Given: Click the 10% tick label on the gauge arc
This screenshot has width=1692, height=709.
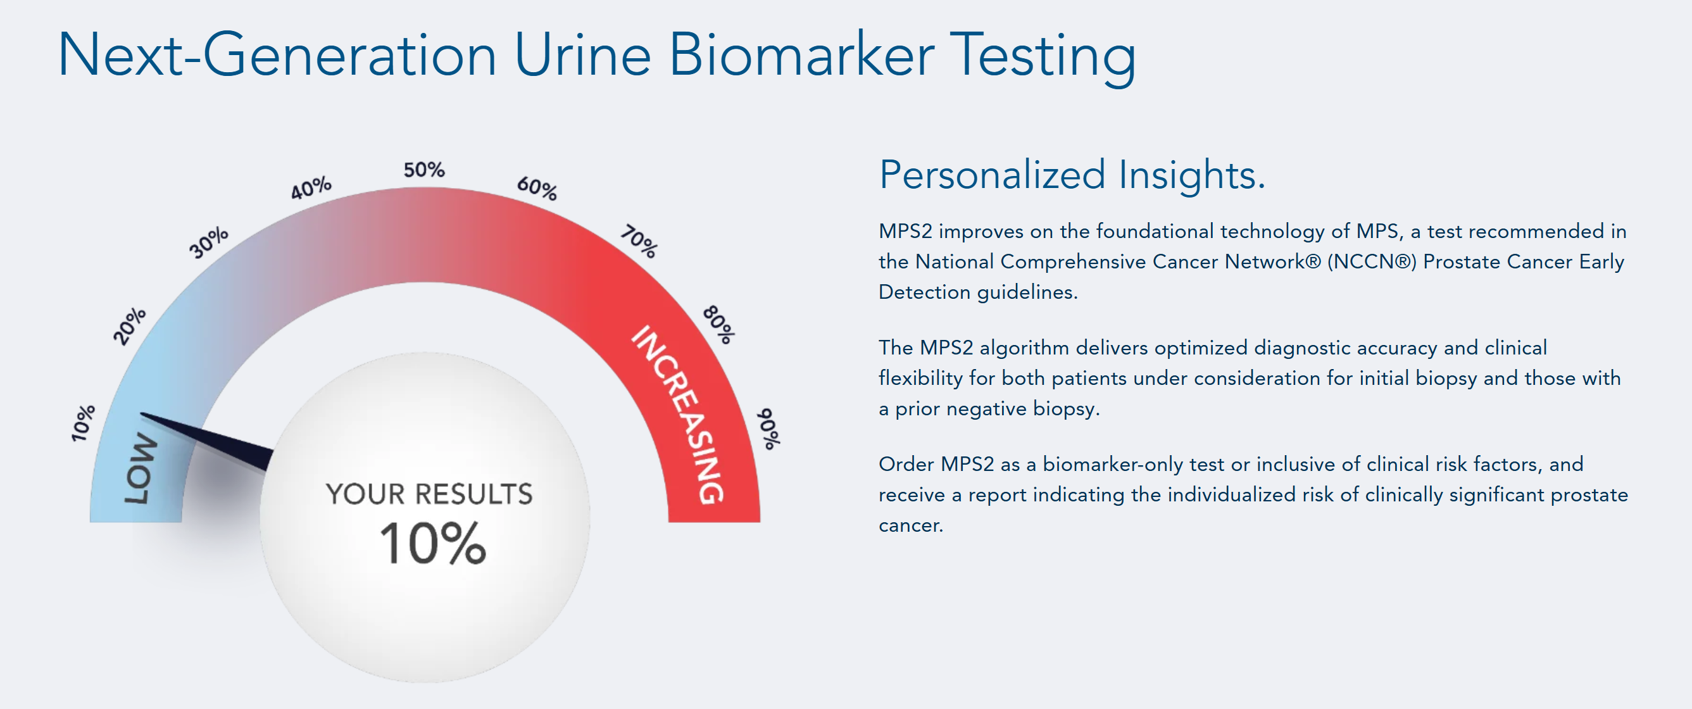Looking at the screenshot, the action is click(x=84, y=422).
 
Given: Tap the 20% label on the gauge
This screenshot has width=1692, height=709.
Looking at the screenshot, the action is click(x=129, y=326).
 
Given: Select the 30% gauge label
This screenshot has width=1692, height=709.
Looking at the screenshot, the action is click(x=209, y=242).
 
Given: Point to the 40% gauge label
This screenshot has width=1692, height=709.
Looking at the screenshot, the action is click(x=311, y=188).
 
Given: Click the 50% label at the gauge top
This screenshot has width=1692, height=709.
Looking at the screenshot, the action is click(x=424, y=170).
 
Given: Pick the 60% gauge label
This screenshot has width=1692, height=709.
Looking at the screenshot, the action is click(x=537, y=188).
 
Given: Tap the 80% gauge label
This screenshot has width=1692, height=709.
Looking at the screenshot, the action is click(x=719, y=325).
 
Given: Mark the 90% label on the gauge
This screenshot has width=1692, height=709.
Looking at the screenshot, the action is click(x=768, y=429).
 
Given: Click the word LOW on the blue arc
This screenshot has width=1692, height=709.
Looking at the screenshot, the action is click(x=141, y=468).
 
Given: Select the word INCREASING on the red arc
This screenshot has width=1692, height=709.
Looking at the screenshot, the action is click(x=679, y=415).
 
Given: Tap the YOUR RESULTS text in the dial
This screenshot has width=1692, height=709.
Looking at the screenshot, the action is click(x=429, y=494).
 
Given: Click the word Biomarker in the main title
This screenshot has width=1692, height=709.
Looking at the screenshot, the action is click(x=801, y=54).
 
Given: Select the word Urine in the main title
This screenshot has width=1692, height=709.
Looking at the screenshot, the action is click(x=582, y=54).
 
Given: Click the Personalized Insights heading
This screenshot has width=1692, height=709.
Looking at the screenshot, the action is click(x=1072, y=175).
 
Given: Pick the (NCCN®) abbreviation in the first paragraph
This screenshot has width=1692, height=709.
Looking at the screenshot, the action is click(x=1372, y=261).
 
